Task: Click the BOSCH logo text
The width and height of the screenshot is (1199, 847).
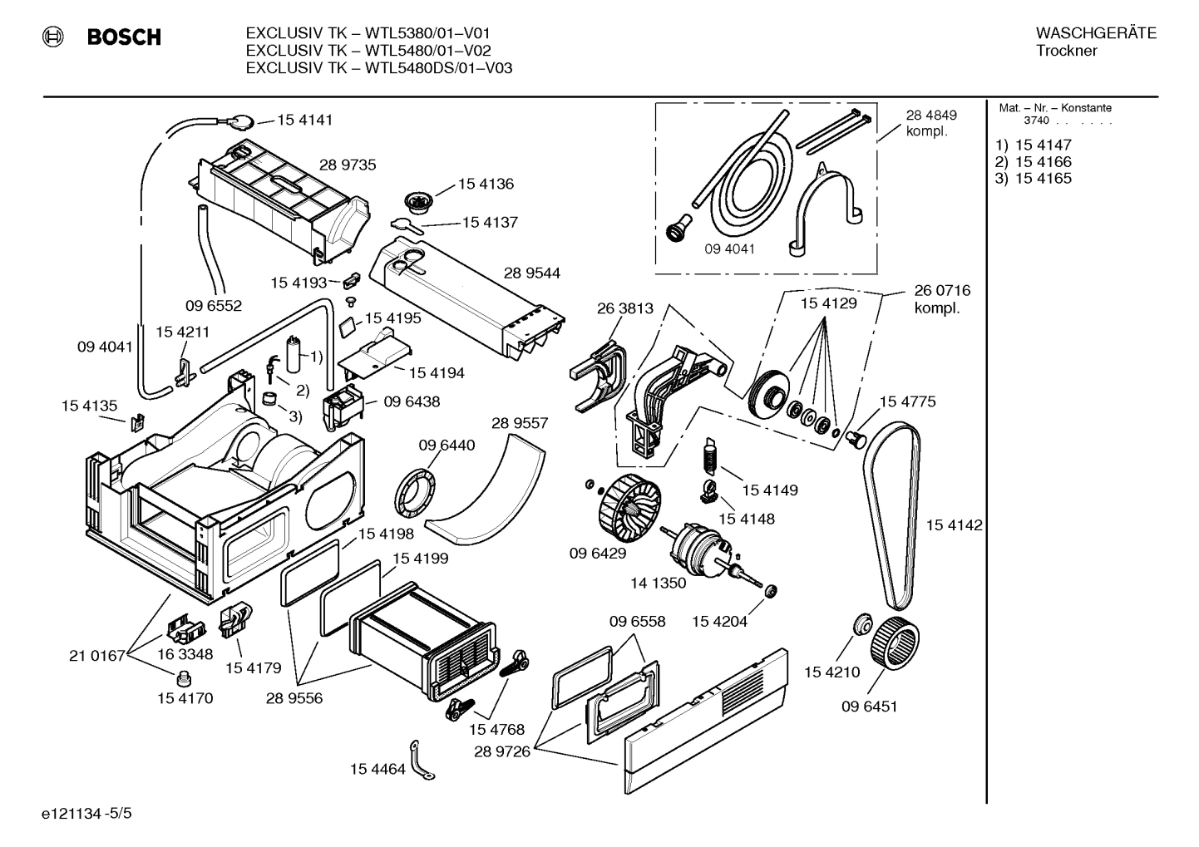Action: [124, 37]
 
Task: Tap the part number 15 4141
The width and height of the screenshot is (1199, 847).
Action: [304, 120]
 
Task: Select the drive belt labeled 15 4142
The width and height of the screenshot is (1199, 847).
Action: [892, 515]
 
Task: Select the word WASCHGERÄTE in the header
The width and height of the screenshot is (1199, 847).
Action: [1095, 33]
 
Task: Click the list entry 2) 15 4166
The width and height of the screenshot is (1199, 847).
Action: [1034, 162]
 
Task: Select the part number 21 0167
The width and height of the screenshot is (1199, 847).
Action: [96, 656]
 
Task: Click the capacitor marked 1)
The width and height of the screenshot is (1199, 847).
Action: [294, 355]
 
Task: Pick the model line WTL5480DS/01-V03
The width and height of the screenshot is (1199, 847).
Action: [378, 68]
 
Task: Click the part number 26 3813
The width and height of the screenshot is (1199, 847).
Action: [624, 308]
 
